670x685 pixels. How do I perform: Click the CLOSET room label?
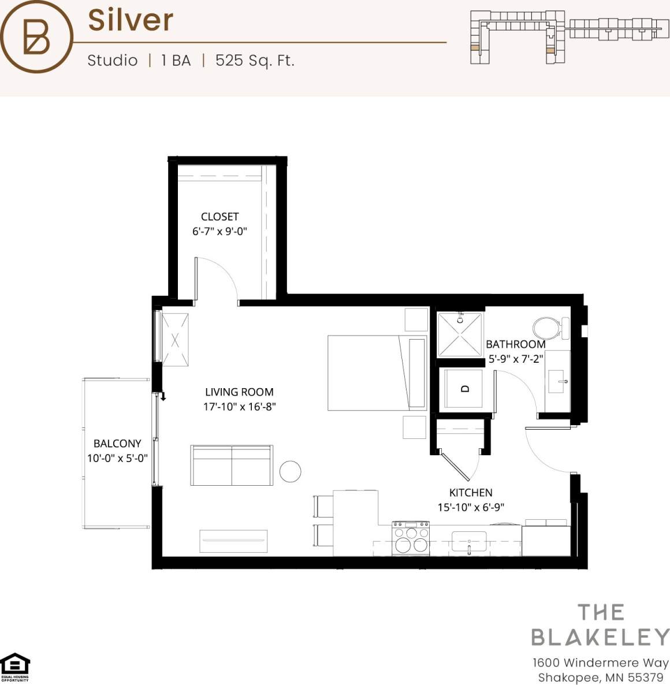click(x=219, y=217)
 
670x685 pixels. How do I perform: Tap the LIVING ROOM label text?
click(x=239, y=392)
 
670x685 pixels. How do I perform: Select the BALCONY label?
click(x=117, y=443)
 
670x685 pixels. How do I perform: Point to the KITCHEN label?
click(x=471, y=493)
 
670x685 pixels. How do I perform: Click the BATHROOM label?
click(x=515, y=344)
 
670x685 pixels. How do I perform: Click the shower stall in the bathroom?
click(x=460, y=334)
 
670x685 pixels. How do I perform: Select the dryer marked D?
click(x=464, y=389)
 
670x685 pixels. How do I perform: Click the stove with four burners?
click(x=411, y=539)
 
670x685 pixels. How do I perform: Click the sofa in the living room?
click(x=232, y=465)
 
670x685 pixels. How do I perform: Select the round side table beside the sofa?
click(x=291, y=472)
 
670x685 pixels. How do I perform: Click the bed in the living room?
click(x=377, y=373)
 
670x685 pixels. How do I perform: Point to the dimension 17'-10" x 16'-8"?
click(x=239, y=407)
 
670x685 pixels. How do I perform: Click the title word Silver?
click(x=131, y=20)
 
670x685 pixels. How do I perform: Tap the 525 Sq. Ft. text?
click(x=255, y=61)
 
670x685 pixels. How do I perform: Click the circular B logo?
click(x=36, y=36)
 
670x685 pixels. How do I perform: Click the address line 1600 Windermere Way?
click(x=600, y=662)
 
